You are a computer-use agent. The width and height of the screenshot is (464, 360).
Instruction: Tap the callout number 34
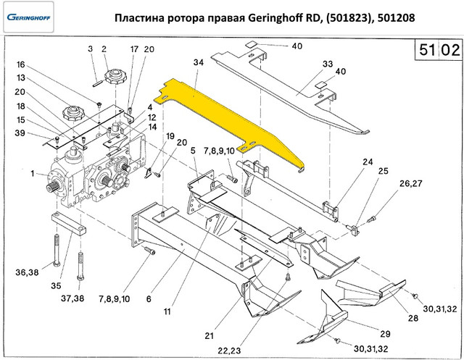[199, 64]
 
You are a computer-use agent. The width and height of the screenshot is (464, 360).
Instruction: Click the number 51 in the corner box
[426, 51]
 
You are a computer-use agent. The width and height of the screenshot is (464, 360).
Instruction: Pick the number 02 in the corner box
[449, 51]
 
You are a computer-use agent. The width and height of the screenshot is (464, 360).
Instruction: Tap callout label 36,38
[28, 272]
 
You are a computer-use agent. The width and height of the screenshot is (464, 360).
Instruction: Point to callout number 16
[21, 64]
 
